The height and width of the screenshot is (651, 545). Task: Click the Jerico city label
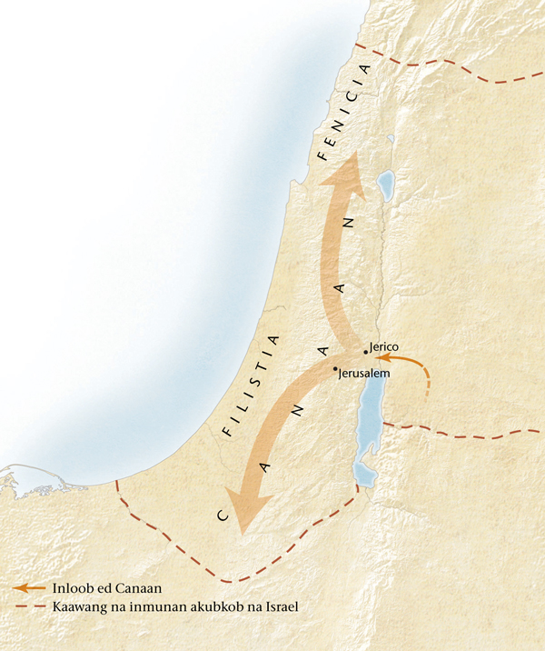pyautogui.click(x=384, y=347)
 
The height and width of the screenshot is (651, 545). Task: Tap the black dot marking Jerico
pyautogui.click(x=365, y=351)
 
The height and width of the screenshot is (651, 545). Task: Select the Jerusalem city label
pyautogui.click(x=364, y=374)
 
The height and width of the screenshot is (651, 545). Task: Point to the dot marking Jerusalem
pyautogui.click(x=336, y=369)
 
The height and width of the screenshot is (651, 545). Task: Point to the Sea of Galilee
pyautogui.click(x=385, y=186)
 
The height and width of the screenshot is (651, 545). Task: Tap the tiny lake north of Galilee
pyautogui.click(x=390, y=140)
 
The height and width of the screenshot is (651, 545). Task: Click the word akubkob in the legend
pyautogui.click(x=213, y=606)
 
